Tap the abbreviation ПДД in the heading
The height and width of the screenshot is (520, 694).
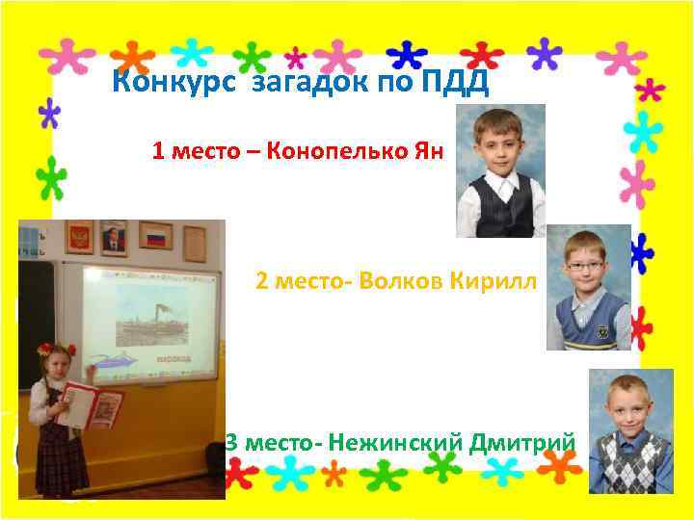click(x=455, y=84)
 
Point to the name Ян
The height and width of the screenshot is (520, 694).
click(x=430, y=151)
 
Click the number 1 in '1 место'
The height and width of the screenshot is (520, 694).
click(x=157, y=151)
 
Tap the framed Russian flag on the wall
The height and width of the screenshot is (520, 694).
click(x=154, y=235)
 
